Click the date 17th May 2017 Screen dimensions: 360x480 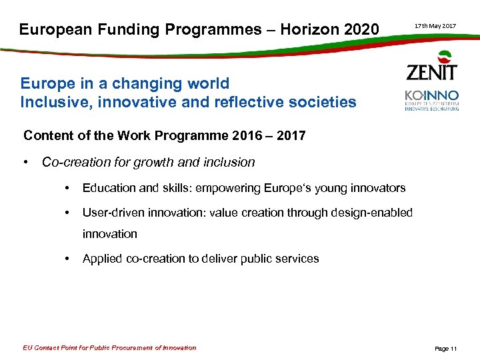click(435, 26)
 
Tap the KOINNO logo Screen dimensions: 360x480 click(432, 100)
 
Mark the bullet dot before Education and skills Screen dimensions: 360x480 click(68, 188)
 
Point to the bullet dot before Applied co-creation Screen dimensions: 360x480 click(68, 259)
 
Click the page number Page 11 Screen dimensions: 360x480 click(445, 349)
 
